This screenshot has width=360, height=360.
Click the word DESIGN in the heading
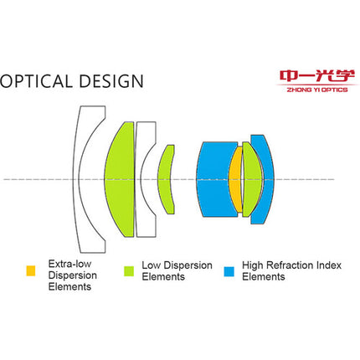[x=111, y=81]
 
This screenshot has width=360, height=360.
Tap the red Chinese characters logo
[x=317, y=76]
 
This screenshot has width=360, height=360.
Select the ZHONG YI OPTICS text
[x=317, y=90]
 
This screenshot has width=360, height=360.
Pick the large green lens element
[x=120, y=179]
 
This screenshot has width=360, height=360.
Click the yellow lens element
[x=236, y=179]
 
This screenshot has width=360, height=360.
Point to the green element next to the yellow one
[x=253, y=179]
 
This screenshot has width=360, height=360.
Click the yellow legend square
[x=31, y=270]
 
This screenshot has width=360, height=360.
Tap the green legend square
[x=129, y=271]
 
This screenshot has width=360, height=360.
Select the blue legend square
[x=229, y=271]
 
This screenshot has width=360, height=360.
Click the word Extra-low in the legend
[x=69, y=264]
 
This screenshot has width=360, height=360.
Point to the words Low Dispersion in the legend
[x=177, y=265]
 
